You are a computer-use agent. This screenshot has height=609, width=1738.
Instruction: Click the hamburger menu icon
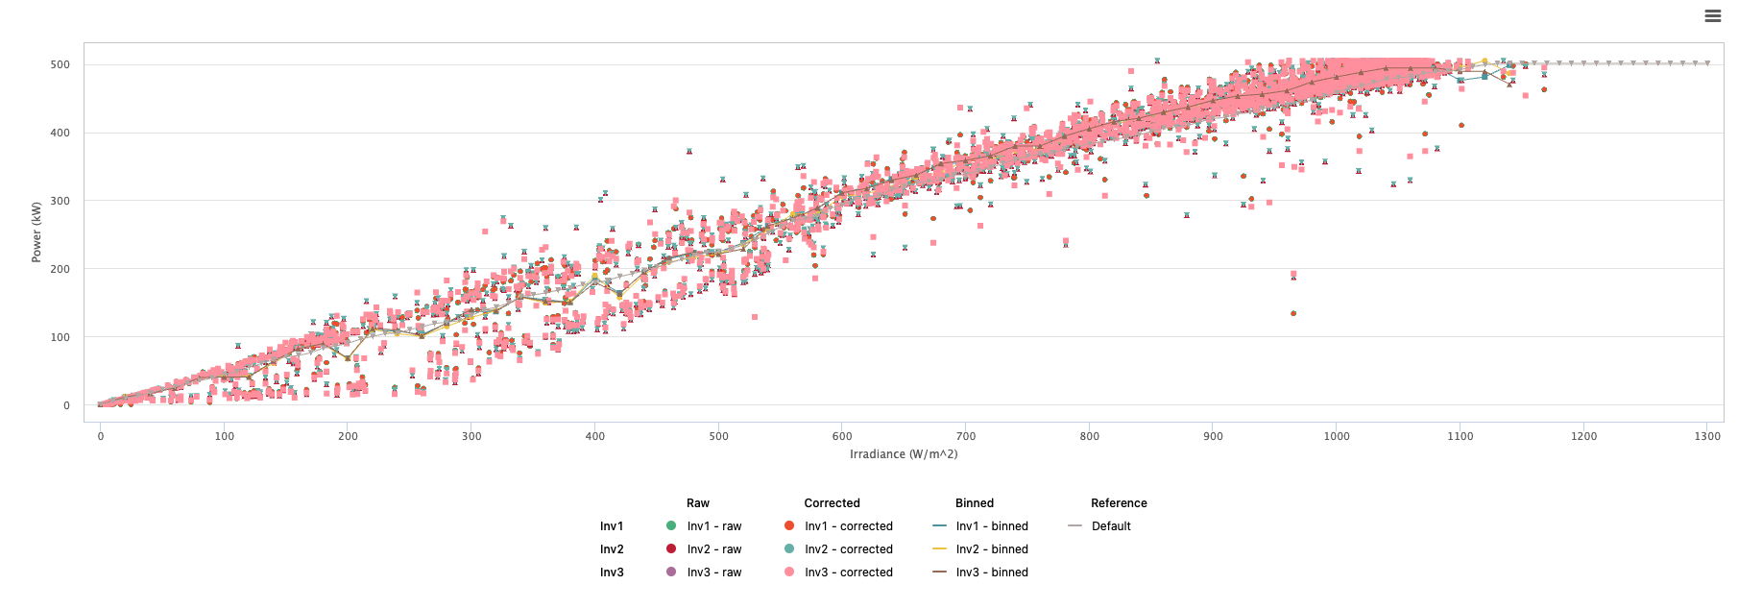(x=1712, y=16)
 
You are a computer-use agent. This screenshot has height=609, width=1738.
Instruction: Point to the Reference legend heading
(x=1119, y=503)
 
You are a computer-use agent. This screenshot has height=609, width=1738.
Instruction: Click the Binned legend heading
(x=975, y=503)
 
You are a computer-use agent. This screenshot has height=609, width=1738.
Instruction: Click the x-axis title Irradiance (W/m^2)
(x=904, y=454)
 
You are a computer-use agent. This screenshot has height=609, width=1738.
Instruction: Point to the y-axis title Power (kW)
(x=36, y=231)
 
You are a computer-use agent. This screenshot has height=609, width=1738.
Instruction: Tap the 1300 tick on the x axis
(x=1707, y=436)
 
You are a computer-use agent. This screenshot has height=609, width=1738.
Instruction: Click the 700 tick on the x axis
(x=966, y=436)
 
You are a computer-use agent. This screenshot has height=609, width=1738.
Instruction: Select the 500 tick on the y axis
(x=60, y=64)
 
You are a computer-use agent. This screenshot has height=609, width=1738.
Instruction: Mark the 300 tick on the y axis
(x=60, y=201)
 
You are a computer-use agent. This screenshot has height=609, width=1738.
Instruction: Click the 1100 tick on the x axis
(x=1460, y=436)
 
